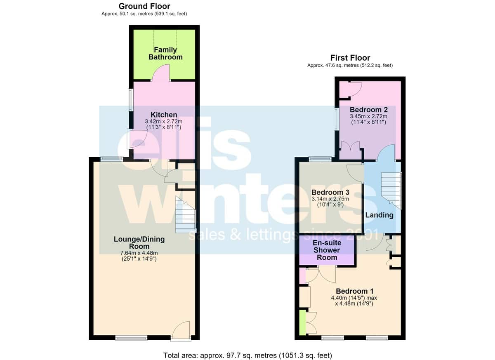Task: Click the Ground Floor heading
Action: [x=144, y=6]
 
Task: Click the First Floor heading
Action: [x=350, y=58]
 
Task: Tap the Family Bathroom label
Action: [x=165, y=54]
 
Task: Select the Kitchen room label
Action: [x=164, y=115]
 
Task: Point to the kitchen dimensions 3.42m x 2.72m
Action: [x=164, y=121]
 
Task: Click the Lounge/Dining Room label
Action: [x=139, y=243]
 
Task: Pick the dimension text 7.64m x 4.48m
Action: [x=139, y=253]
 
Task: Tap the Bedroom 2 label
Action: [x=369, y=110]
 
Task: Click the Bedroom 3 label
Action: [x=330, y=192]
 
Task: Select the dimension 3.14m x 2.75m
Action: [x=330, y=199]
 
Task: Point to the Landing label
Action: [x=379, y=215]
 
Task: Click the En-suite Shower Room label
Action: [x=327, y=250]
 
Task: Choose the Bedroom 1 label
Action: [x=355, y=291]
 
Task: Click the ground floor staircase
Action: [x=186, y=215]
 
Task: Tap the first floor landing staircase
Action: [x=391, y=191]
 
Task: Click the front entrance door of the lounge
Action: [x=181, y=331]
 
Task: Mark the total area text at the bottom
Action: [x=247, y=355]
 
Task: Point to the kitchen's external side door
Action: [x=137, y=139]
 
